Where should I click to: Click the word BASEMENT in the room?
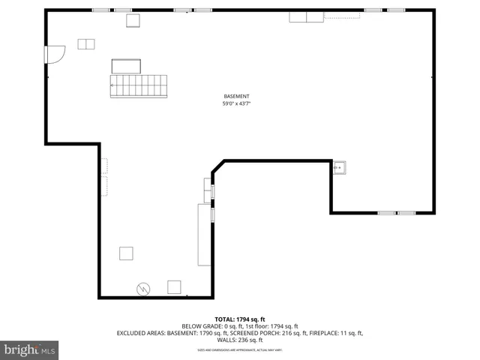pos(236,96)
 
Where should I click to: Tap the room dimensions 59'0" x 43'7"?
pos(236,104)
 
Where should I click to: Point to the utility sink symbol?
pos(340,167)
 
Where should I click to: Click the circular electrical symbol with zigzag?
pos(143,287)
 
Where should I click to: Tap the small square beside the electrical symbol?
pos(175,286)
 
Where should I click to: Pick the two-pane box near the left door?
pos(86,44)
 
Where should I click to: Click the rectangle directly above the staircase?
pos(127,66)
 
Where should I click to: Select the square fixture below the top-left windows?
pos(133,21)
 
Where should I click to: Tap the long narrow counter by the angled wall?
pos(204,234)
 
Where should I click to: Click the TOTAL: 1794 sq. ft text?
pos(239,319)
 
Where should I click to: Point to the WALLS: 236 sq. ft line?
pos(240,340)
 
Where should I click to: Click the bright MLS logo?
pos(30,349)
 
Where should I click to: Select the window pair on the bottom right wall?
pos(397,213)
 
